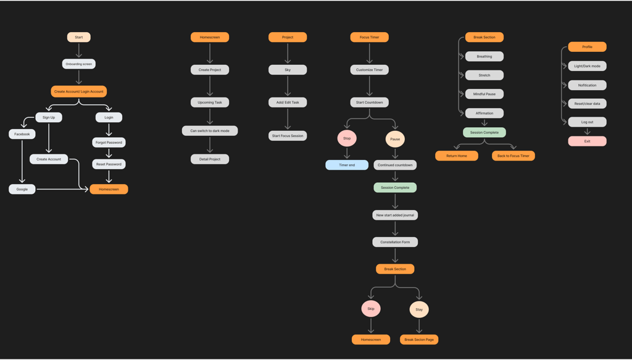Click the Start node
coord(79,37)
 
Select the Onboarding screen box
coord(79,64)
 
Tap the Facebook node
coord(22,134)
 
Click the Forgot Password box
coord(109,143)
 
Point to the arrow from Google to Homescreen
coord(62,189)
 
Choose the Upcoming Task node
coord(210,103)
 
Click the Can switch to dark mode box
coord(210,131)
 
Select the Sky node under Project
coord(288,70)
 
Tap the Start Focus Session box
coord(288,136)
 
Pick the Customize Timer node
coord(370,70)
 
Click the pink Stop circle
coord(347,138)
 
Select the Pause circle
coord(395,139)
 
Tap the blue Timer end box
coord(347,165)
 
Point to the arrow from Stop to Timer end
coord(347,153)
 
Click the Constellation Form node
coord(395,242)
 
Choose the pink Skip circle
coord(371,309)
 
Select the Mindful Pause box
coord(484,94)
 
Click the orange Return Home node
coord(457,156)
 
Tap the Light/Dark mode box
coord(587,66)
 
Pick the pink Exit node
coord(587,141)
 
